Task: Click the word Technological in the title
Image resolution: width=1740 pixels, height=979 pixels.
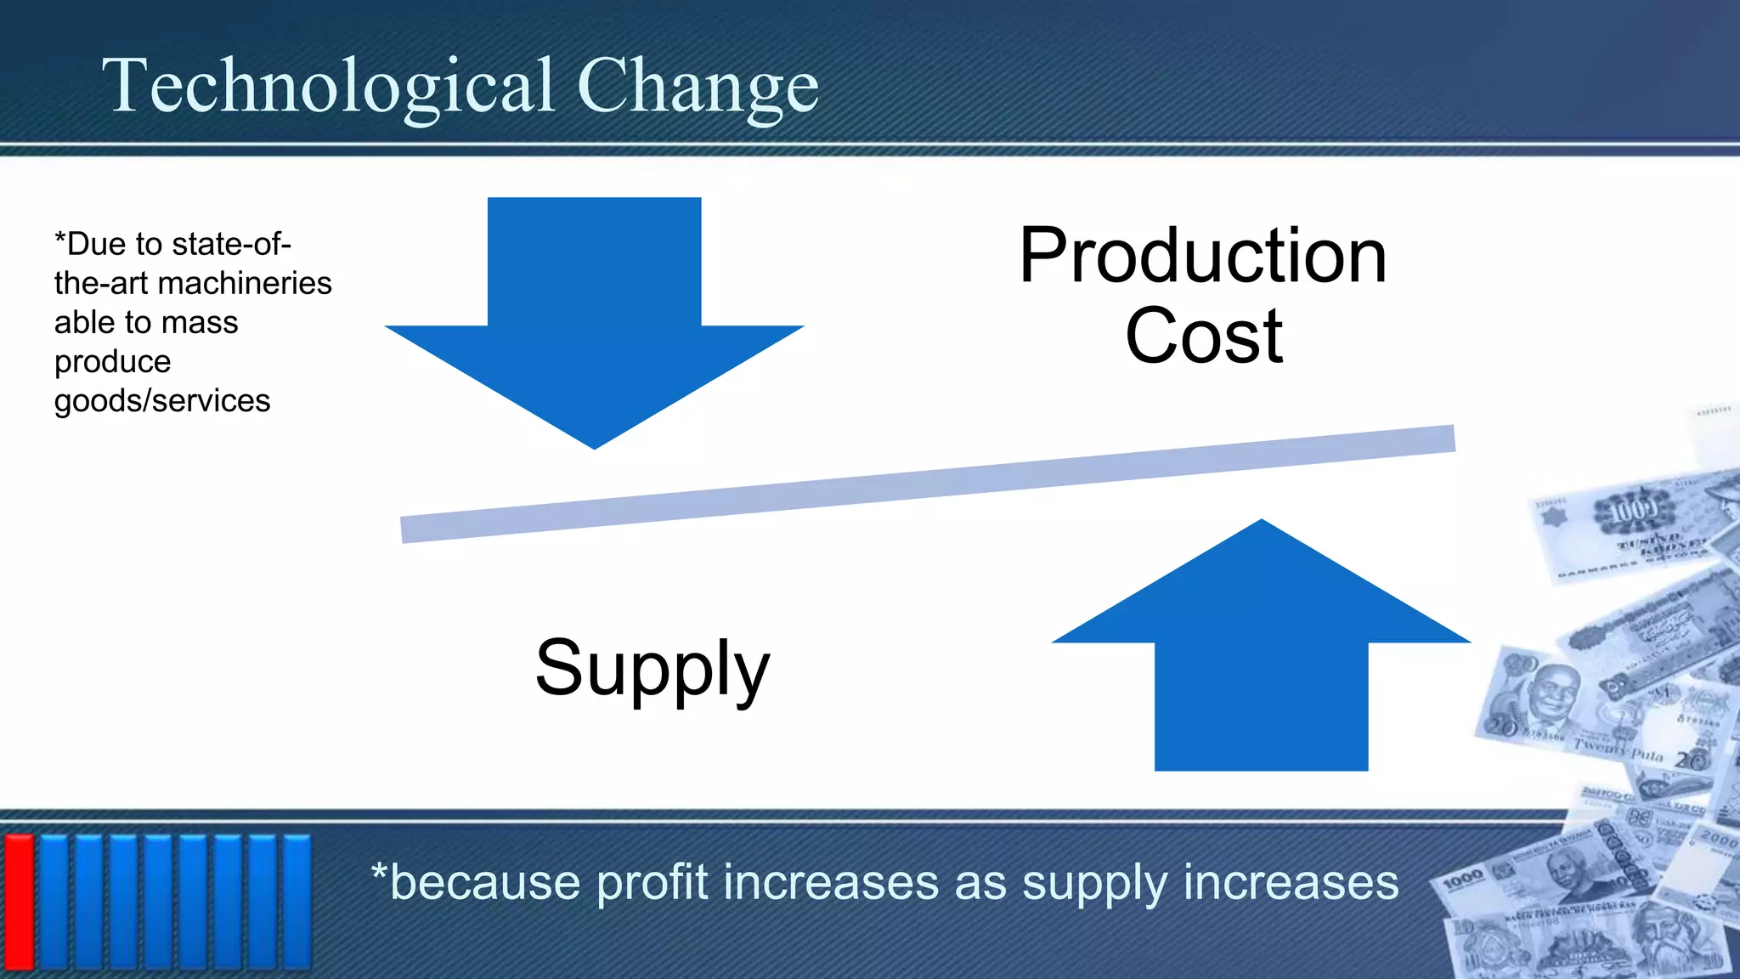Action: point(328,86)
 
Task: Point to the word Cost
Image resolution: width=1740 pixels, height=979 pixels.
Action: point(1203,337)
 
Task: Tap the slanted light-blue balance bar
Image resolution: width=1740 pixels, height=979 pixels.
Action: point(926,484)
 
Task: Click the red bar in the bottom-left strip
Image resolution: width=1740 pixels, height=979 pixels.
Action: point(19,901)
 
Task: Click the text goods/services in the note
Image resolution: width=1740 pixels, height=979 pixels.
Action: point(161,400)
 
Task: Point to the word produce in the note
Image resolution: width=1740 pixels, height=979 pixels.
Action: point(112,362)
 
